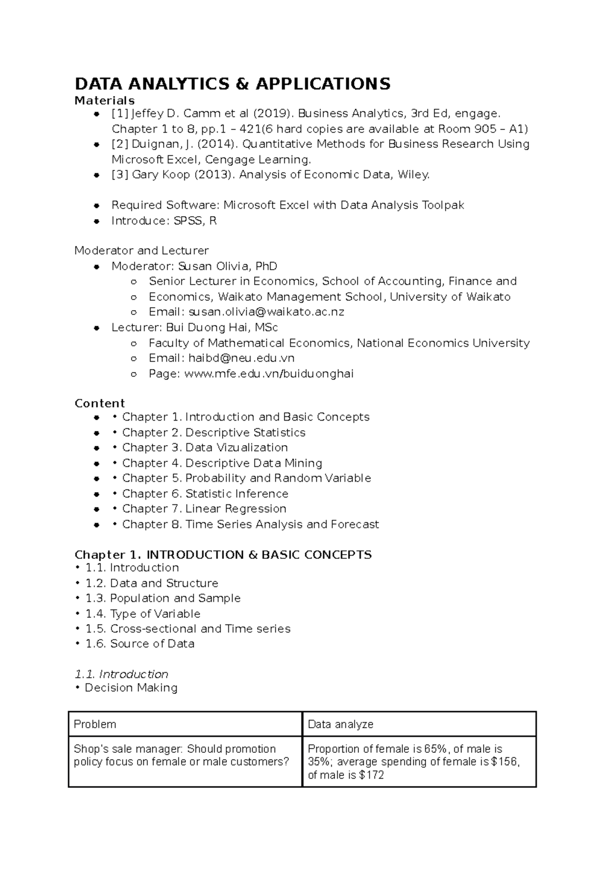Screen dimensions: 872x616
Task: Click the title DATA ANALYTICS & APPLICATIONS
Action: coord(233,84)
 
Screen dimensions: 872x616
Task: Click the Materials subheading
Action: coord(105,100)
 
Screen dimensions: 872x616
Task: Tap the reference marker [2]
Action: coord(120,144)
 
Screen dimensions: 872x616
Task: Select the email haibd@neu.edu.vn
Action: coord(241,358)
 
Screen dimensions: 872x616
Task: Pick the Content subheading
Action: coord(100,404)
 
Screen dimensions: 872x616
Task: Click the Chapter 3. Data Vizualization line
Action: coord(205,448)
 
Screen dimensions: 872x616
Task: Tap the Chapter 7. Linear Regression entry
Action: coord(204,509)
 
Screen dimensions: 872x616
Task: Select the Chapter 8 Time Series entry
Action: coord(251,524)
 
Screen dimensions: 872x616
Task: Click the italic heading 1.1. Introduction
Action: coord(122,674)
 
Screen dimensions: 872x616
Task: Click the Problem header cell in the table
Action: coord(95,725)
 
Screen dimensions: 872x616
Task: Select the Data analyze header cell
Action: coord(340,725)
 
